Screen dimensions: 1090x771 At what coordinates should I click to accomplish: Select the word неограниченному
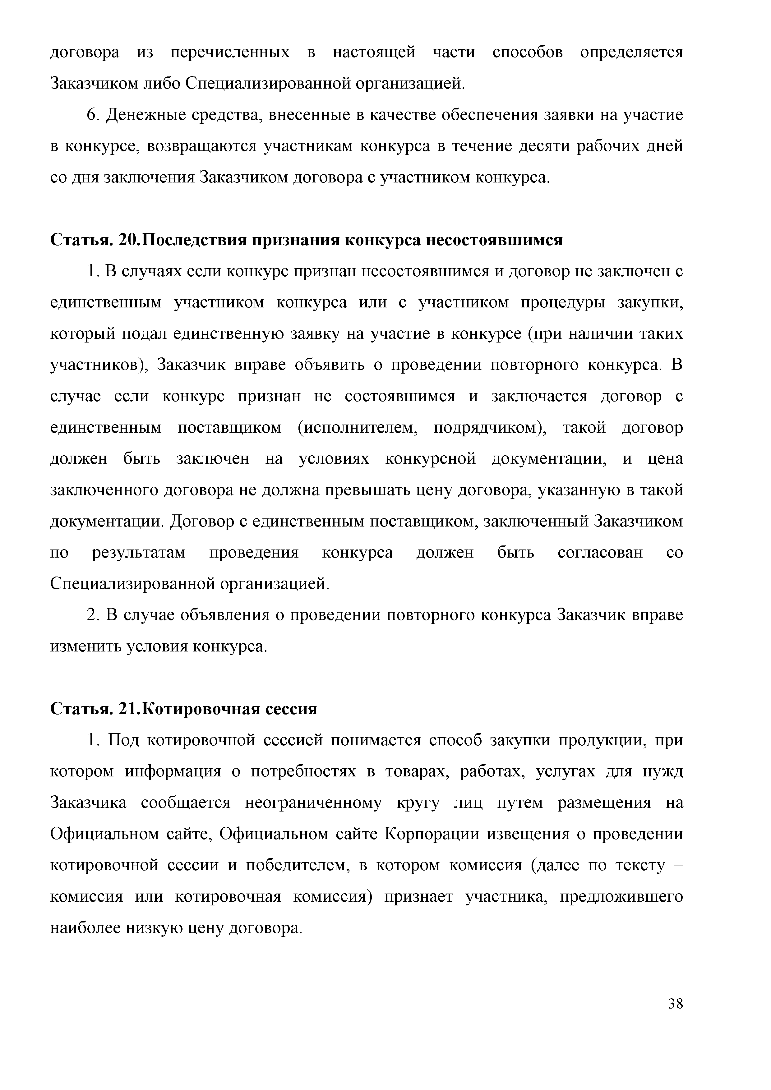point(314,804)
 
